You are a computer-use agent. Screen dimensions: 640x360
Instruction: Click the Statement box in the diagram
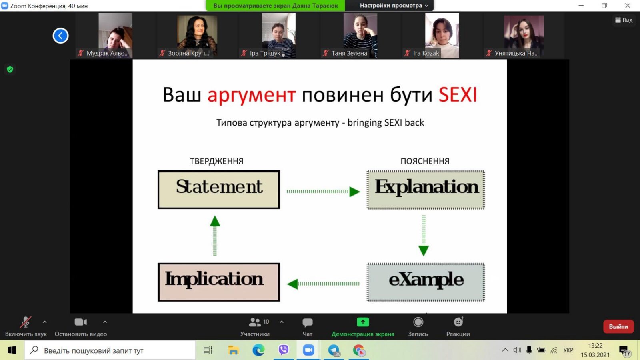218,190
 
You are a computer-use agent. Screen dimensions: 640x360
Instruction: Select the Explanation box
426,190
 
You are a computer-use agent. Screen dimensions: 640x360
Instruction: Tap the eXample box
426,282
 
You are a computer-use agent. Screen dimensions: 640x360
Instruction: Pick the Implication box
218,282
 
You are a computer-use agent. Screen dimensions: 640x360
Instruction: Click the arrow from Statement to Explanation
323,192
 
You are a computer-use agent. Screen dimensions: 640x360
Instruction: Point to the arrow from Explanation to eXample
424,236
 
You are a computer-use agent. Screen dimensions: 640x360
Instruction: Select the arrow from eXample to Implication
323,284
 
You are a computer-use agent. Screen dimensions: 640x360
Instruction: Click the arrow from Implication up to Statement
215,236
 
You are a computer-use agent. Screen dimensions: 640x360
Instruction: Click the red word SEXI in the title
458,94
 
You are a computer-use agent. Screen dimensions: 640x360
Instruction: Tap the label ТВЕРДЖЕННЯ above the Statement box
216,161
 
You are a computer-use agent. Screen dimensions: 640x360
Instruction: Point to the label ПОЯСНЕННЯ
425,161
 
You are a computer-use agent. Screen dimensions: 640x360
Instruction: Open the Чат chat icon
308,322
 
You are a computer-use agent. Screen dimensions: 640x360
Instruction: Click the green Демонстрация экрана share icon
363,322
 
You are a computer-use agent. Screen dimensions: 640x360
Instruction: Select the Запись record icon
418,322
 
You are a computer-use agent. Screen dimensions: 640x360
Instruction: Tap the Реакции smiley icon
458,322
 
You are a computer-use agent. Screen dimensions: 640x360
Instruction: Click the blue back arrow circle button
60,36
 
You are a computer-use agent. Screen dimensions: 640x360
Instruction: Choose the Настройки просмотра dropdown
394,6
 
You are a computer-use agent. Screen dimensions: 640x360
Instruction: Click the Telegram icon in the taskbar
334,350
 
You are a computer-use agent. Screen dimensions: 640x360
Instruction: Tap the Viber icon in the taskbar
284,350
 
